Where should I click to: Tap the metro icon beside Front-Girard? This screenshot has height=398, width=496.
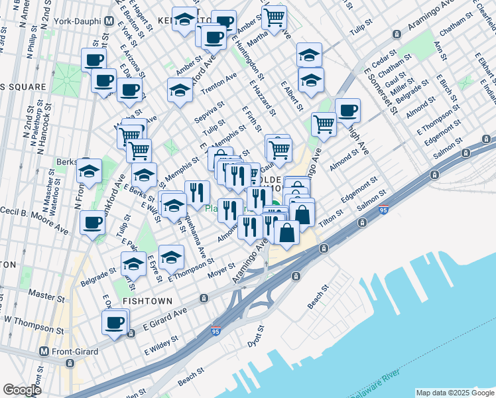(44, 352)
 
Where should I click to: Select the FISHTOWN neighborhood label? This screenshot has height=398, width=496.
(147, 301)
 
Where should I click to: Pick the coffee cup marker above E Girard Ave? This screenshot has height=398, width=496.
(114, 324)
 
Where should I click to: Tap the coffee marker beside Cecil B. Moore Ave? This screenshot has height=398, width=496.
(93, 222)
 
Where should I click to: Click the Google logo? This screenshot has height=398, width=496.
(22, 390)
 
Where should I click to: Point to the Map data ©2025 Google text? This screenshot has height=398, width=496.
(455, 393)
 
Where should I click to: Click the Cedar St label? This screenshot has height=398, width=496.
(384, 58)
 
